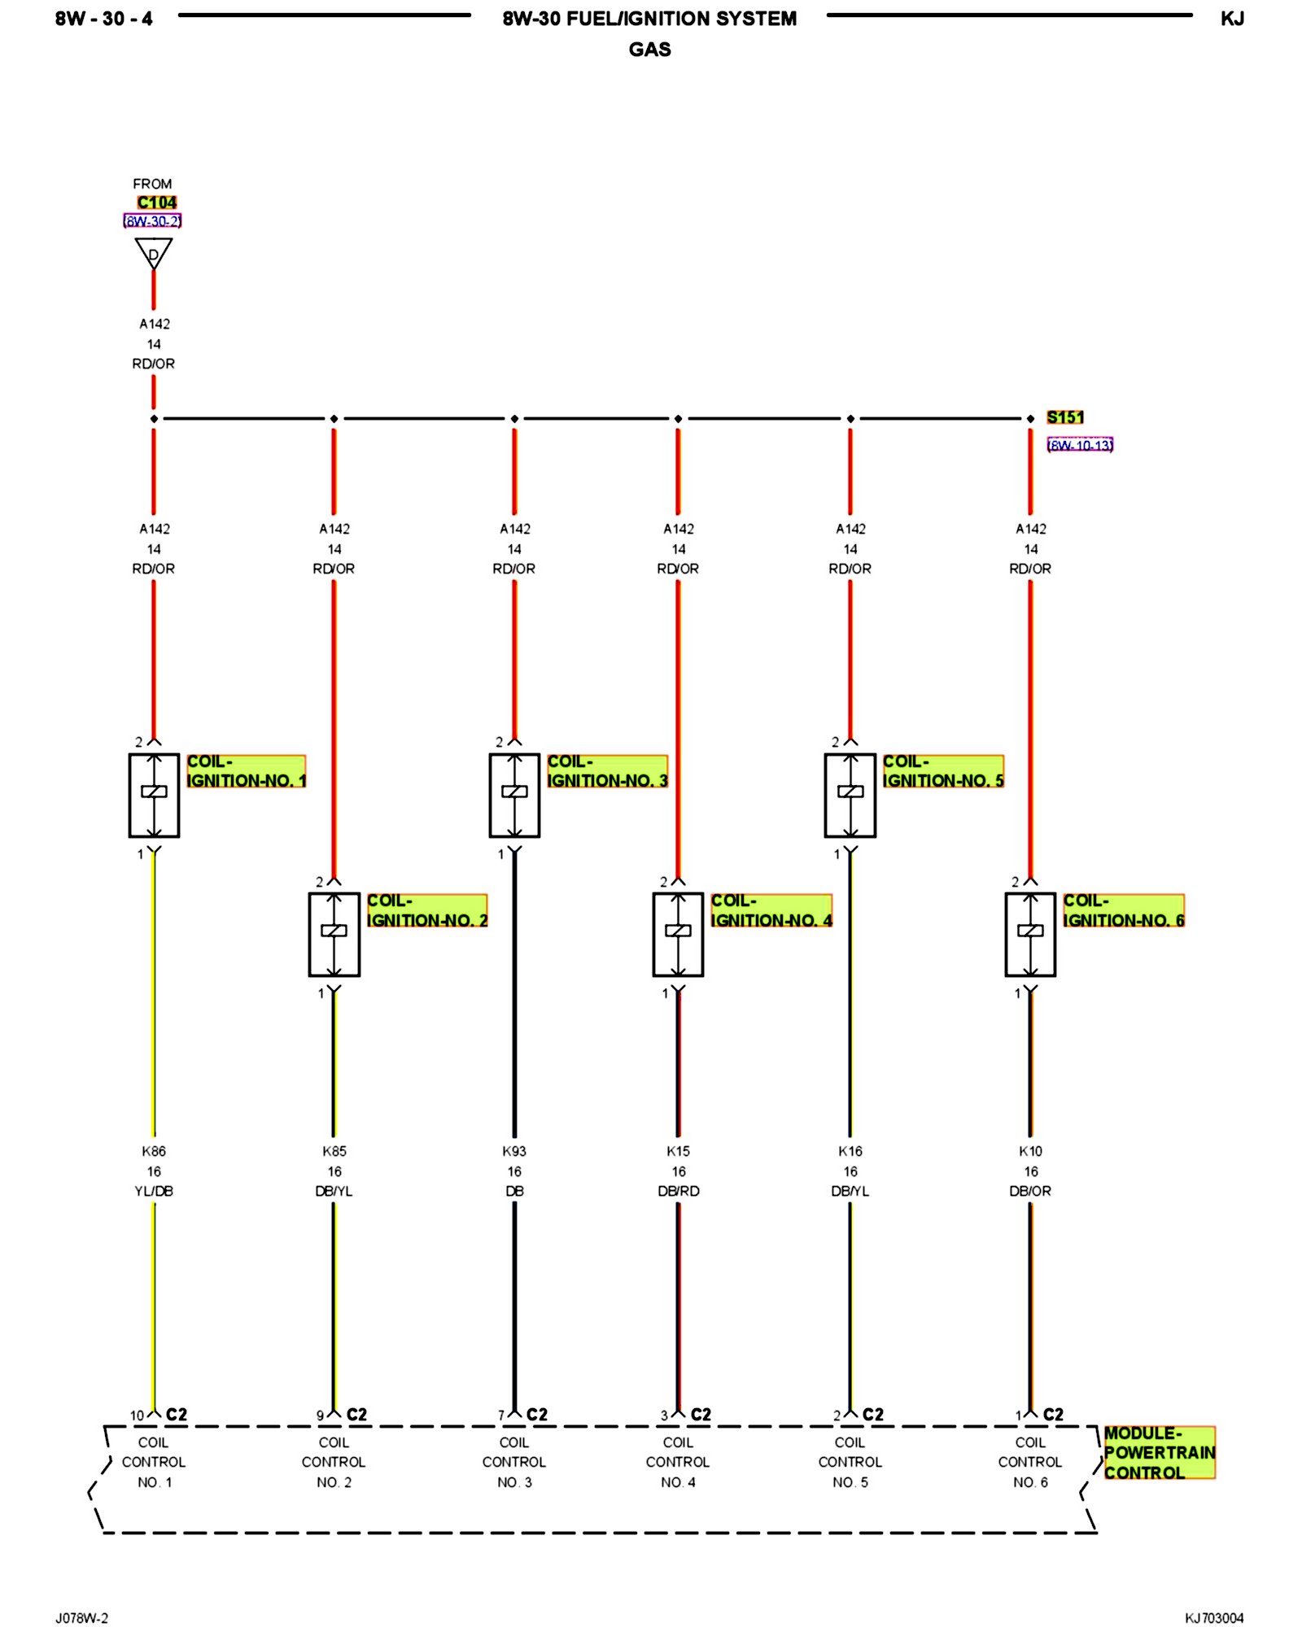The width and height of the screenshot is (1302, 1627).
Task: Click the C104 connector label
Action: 156,203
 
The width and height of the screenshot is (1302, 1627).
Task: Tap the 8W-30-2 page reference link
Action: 152,220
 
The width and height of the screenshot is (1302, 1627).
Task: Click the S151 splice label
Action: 1064,417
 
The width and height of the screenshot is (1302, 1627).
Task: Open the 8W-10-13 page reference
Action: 1080,445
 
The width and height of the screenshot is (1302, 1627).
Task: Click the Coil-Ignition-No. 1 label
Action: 246,771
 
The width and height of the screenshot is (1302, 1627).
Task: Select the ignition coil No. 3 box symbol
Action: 514,795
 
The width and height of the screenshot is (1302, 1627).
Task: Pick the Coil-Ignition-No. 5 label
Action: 943,771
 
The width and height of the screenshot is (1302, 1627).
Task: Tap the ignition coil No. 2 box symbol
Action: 334,934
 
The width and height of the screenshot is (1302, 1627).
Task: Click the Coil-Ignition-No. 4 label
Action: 771,910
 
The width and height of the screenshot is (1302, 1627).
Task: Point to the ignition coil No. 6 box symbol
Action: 1030,934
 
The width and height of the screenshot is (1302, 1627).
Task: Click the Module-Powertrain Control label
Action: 1159,1452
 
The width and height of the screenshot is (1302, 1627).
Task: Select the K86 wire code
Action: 154,1151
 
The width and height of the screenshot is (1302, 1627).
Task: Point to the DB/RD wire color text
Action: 678,1191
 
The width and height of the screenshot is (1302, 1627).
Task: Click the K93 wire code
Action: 514,1151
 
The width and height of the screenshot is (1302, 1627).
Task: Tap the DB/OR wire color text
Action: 1030,1191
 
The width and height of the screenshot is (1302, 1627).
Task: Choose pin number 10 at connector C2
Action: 137,1416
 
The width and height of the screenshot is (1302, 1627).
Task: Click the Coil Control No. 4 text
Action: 678,1462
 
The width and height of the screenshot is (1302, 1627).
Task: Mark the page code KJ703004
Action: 1214,1618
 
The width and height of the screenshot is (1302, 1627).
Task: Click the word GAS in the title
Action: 649,50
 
